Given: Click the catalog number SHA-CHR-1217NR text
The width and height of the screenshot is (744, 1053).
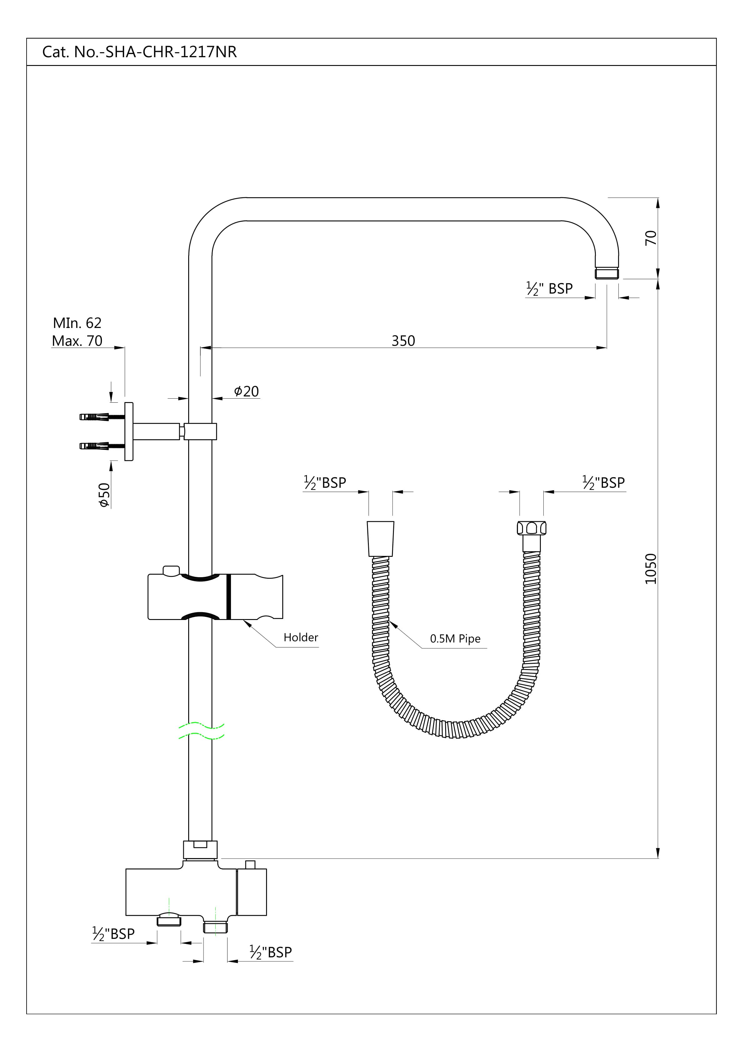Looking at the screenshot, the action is click(171, 52).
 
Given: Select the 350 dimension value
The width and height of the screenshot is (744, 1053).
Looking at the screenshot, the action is click(403, 341).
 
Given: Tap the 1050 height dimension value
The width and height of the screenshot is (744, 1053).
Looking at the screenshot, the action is click(651, 569).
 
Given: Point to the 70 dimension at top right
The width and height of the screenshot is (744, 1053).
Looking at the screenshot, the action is click(651, 238).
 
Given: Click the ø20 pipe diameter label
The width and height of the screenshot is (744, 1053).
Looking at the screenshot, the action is click(246, 391).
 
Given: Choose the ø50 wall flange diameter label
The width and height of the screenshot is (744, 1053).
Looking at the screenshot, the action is click(105, 495).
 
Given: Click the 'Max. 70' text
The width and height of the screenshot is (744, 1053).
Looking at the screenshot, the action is click(77, 341).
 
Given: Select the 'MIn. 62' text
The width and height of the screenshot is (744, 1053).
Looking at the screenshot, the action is click(77, 323).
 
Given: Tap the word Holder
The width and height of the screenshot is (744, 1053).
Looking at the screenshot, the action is click(300, 637).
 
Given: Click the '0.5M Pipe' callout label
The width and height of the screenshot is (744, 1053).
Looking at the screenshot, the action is click(455, 639).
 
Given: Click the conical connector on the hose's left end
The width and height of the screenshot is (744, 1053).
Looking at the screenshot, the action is click(381, 539).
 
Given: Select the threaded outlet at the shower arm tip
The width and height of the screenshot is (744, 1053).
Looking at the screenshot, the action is click(607, 274).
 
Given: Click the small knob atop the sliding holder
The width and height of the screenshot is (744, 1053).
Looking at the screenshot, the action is click(171, 570).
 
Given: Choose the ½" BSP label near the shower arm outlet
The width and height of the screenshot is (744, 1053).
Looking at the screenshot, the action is click(549, 289).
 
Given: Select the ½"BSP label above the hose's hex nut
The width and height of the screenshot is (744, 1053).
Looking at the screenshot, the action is click(603, 482).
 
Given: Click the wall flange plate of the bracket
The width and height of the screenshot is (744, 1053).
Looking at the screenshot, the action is click(129, 431).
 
